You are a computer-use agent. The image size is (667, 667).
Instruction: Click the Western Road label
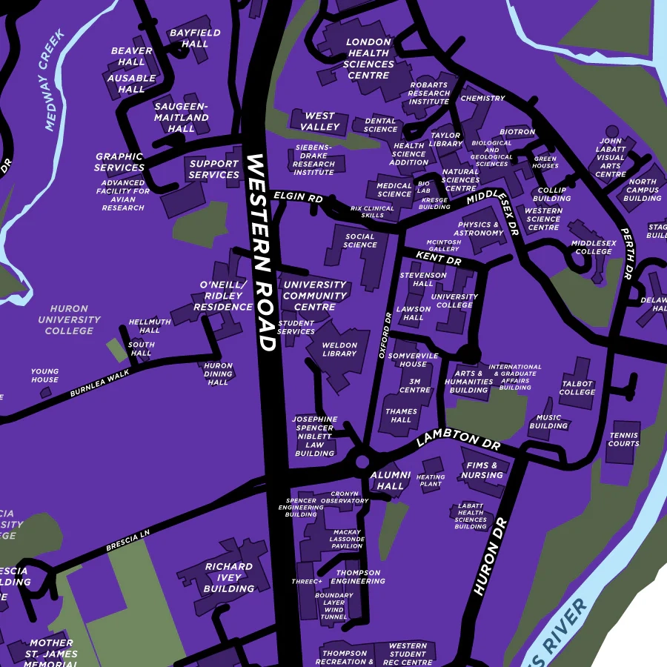point(261,253)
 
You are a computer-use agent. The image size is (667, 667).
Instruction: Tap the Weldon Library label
point(339,349)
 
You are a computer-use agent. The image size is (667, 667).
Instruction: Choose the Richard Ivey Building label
point(229,577)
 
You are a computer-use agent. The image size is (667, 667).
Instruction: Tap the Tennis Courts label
point(623,439)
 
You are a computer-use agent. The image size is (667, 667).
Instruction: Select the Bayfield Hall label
point(194,39)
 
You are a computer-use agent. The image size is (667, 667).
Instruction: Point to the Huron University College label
point(69,319)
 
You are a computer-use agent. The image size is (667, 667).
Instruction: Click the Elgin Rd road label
point(298,199)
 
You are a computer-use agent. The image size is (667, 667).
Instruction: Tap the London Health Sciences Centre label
point(368,59)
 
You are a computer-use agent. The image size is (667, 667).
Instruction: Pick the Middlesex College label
point(593,247)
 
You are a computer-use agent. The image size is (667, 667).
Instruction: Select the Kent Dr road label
point(438,258)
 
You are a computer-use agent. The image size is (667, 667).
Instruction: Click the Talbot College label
point(577,388)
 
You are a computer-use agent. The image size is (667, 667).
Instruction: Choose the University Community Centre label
point(315,296)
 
